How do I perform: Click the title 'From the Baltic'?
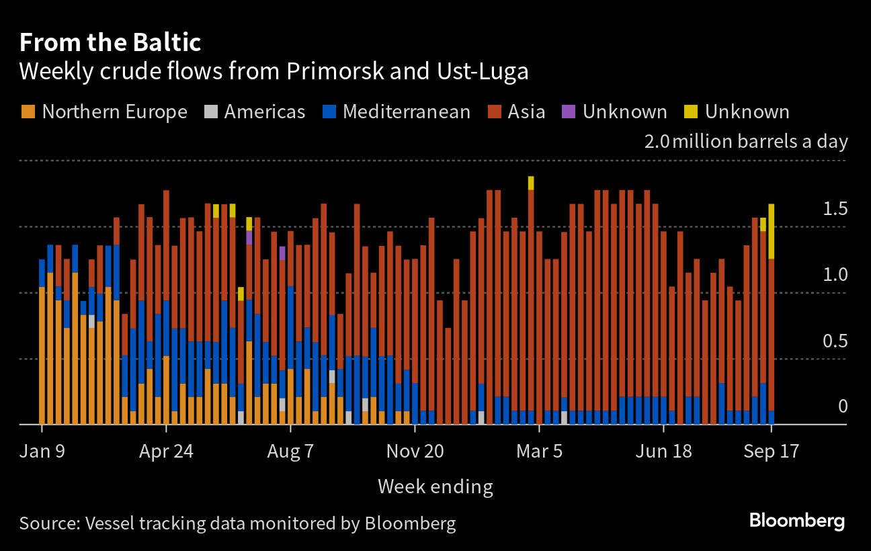tap(110, 43)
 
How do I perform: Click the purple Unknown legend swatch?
tap(569, 112)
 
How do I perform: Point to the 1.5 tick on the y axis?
tap(835, 210)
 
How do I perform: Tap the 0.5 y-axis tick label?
tap(835, 342)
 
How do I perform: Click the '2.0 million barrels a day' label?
tap(745, 142)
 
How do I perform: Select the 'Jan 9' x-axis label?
tap(42, 450)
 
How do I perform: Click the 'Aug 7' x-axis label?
tap(290, 450)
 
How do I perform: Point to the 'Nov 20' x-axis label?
tap(415, 450)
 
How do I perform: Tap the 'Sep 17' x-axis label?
tap(772, 450)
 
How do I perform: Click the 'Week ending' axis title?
tap(435, 486)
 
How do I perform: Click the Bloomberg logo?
tap(796, 521)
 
